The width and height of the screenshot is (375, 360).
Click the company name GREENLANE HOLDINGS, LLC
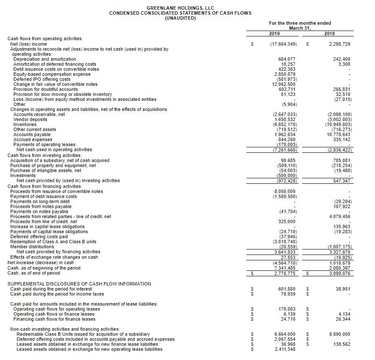pyautogui.click(x=180, y=8)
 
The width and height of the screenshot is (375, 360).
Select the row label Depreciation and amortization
pyautogui.click(x=45, y=59)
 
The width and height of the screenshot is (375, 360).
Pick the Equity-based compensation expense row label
pyautogui.click(x=52, y=74)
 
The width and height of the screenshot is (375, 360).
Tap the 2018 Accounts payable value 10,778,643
pyautogui.click(x=338, y=134)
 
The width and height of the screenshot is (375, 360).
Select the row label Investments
pyautogui.click(x=23, y=175)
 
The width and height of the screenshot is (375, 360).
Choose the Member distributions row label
pyautogui.click(x=32, y=247)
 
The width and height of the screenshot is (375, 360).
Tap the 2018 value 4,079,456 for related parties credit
pyautogui.click(x=340, y=216)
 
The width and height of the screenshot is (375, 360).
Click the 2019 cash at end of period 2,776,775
pyautogui.click(x=284, y=273)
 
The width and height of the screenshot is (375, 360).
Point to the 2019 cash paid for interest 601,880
pyautogui.click(x=287, y=289)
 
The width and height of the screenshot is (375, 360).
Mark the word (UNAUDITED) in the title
pyautogui.click(x=180, y=18)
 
